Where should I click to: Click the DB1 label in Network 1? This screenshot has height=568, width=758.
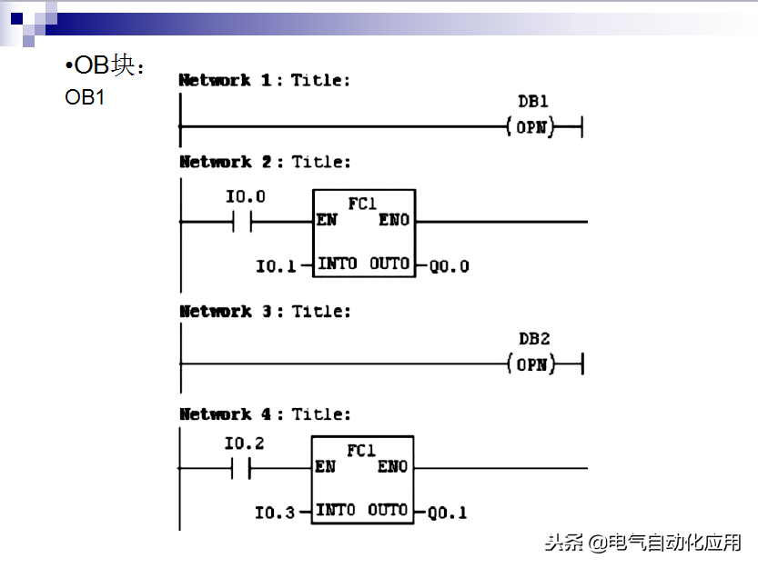point(532,102)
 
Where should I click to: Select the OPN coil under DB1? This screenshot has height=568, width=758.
point(531,127)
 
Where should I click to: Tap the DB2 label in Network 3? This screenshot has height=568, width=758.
point(534,339)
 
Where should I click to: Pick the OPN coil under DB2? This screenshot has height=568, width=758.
point(531,365)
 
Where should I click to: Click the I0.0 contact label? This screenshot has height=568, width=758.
point(246,196)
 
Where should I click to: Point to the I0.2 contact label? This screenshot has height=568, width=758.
point(245,443)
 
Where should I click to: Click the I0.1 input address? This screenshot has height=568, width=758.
point(276,266)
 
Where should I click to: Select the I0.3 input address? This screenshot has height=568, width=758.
point(275,513)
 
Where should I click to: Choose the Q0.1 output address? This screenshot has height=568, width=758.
point(447,513)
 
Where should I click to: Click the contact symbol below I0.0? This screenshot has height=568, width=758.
point(243,221)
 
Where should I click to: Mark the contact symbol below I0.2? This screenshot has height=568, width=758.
point(242,468)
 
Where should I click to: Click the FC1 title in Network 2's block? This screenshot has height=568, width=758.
point(362,204)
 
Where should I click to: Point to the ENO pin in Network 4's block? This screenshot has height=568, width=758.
point(393,467)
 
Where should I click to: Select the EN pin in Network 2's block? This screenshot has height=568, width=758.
point(326,220)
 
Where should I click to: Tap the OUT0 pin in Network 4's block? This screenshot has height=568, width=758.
point(388,511)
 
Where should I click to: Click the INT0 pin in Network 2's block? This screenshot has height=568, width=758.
point(337,264)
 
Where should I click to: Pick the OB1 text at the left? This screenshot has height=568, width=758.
point(85,97)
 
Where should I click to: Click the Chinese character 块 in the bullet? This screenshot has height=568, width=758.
point(123,67)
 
